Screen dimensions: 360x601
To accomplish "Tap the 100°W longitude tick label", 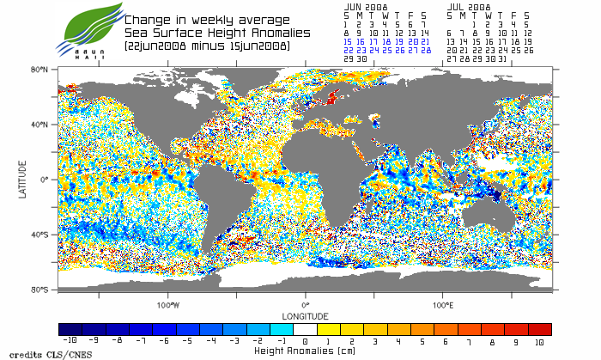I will [168, 305].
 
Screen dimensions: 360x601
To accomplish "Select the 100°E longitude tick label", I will [443, 305].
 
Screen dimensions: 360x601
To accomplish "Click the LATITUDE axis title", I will [23, 180].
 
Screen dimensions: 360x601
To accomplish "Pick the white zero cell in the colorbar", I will [306, 329].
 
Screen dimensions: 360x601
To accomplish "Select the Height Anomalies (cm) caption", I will [305, 351].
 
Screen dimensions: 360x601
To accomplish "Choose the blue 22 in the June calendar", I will [348, 50].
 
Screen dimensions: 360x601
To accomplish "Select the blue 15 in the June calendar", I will [348, 40].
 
